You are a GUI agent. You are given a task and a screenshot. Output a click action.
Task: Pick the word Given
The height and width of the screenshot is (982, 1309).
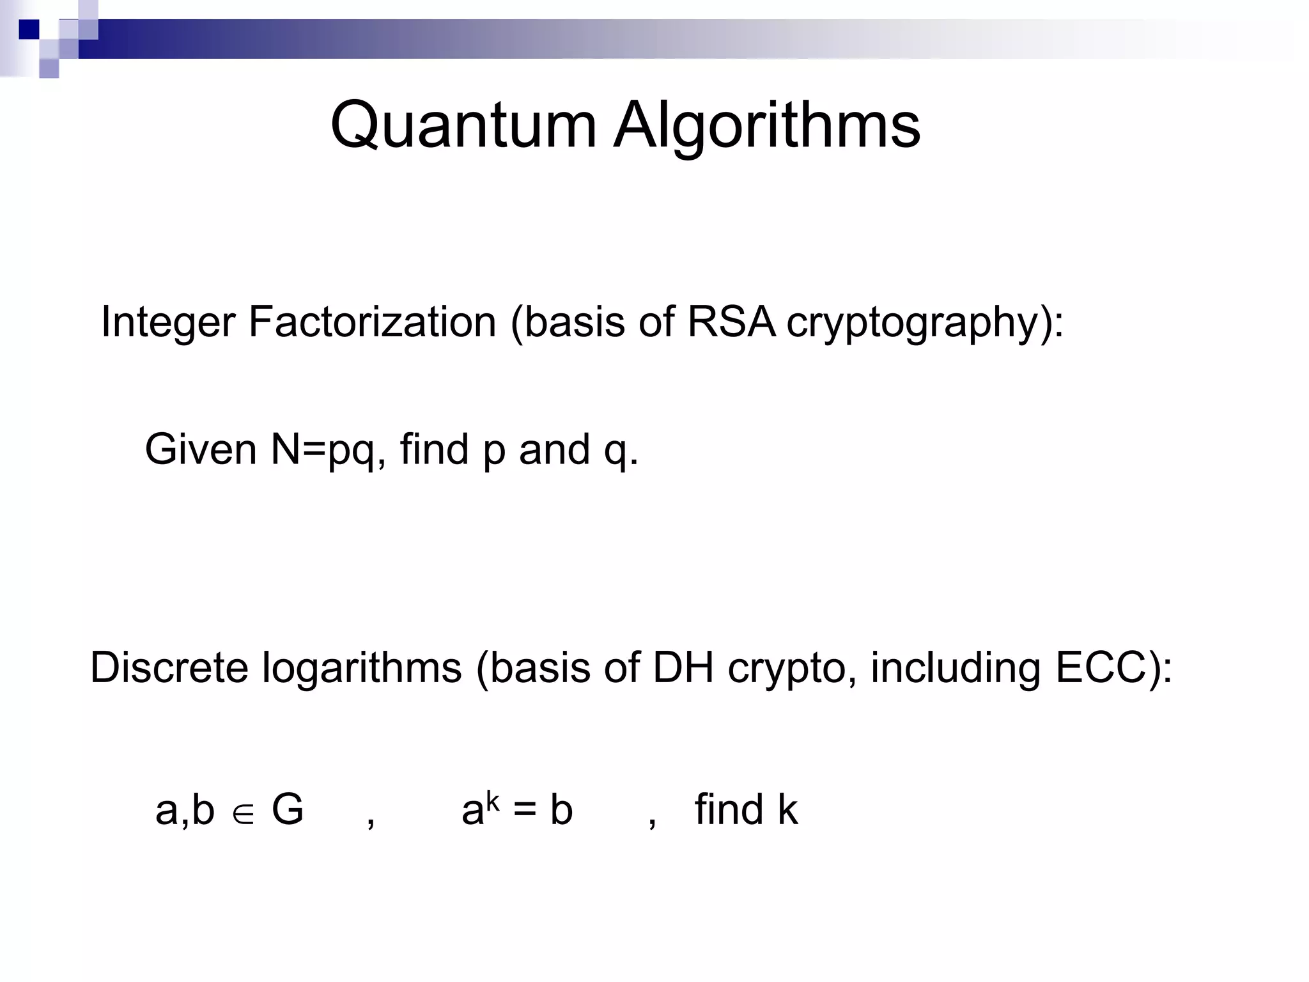coord(201,449)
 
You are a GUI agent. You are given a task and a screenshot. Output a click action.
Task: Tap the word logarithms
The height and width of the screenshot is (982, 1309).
coord(361,669)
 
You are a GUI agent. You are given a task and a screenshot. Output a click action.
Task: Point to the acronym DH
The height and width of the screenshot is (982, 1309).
coord(683,667)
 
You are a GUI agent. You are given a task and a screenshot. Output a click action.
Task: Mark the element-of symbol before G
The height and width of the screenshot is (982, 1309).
coord(244,813)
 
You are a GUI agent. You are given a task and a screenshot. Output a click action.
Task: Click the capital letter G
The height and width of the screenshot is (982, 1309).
coord(288,809)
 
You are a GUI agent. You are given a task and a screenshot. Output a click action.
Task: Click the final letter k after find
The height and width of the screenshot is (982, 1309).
coord(787,809)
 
